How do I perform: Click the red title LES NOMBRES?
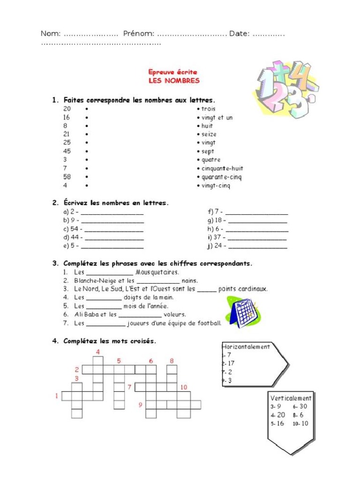pyautogui.click(x=174, y=81)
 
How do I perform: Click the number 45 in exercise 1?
pyautogui.click(x=67, y=151)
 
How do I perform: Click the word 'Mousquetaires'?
pyautogui.click(x=157, y=272)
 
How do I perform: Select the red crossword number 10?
pyautogui.click(x=183, y=387)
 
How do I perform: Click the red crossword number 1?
pyautogui.click(x=57, y=396)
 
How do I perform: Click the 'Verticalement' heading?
pyautogui.click(x=291, y=398)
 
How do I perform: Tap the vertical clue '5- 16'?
pyautogui.click(x=277, y=423)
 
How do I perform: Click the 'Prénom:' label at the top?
pyautogui.click(x=139, y=33)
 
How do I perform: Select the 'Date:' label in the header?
pyautogui.click(x=239, y=33)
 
